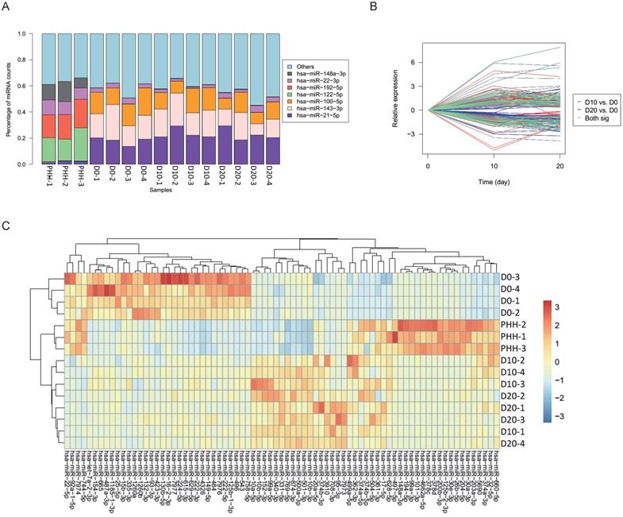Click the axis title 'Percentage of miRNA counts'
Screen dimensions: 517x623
click(7, 98)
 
